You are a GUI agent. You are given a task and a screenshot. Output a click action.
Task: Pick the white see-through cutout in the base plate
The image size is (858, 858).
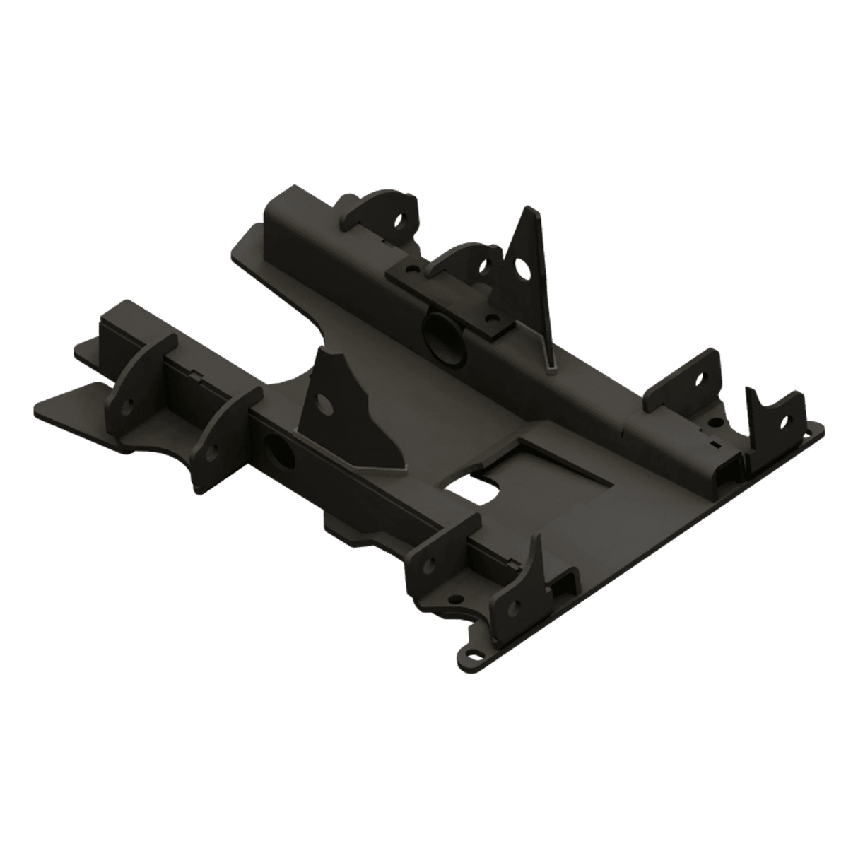[x=475, y=492]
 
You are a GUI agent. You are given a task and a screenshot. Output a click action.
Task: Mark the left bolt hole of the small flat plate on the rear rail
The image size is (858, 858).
[x=411, y=269]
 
